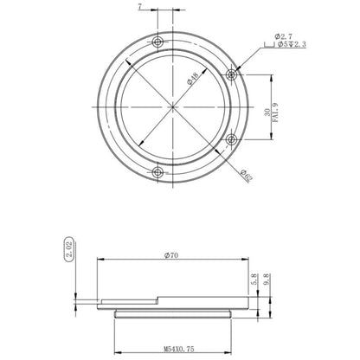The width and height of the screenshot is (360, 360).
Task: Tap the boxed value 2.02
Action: click(68, 250)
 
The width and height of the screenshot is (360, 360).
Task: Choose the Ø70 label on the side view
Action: click(174, 255)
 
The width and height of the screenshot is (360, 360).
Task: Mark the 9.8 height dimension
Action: click(268, 282)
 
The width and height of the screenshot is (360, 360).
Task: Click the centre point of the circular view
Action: click(174, 106)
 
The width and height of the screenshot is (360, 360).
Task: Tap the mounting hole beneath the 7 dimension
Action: click(157, 42)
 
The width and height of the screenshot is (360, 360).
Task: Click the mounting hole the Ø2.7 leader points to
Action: click(231, 74)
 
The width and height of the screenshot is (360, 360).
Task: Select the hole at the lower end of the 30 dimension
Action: click(231, 138)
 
